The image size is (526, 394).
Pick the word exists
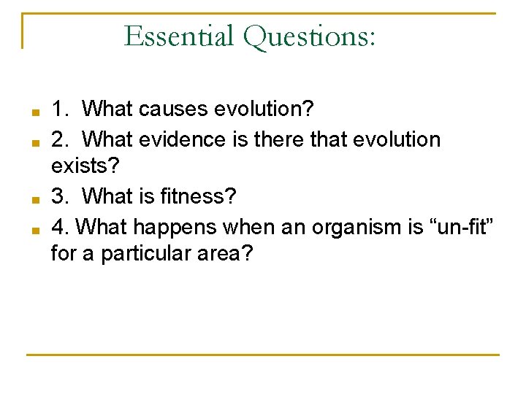(83, 168)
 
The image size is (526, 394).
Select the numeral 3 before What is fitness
(58, 197)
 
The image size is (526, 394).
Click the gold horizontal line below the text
(263, 355)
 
